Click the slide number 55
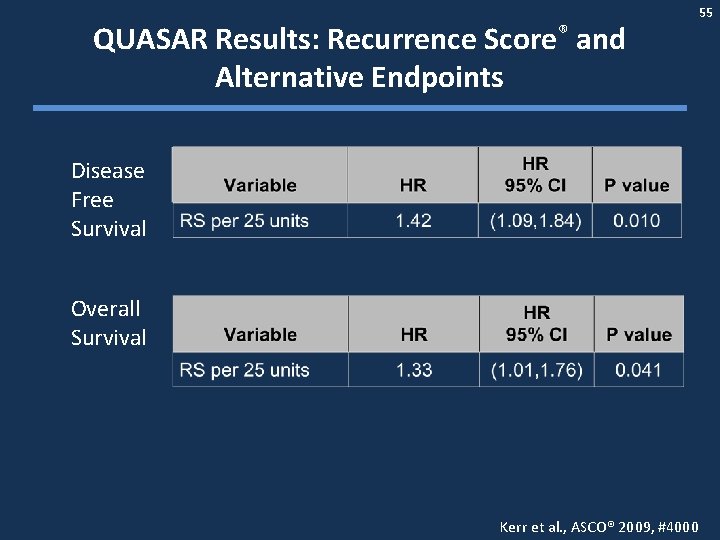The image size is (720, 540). [706, 12]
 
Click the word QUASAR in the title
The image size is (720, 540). [150, 40]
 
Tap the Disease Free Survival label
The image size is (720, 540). [108, 200]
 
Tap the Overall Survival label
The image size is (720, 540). [108, 323]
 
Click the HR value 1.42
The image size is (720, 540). [413, 221]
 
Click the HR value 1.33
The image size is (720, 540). [413, 370]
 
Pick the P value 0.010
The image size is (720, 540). [637, 221]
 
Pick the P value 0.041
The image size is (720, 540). [638, 370]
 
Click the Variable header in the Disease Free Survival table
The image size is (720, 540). [260, 185]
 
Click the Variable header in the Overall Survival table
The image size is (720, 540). [260, 335]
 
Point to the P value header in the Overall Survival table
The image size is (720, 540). [638, 335]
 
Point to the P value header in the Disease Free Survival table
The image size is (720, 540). [637, 185]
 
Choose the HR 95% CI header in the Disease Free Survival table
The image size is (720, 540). [535, 174]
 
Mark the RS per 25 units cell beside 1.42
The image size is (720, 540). [244, 221]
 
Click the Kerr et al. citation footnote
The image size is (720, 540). [598, 526]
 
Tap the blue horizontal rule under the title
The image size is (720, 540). [360, 108]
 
